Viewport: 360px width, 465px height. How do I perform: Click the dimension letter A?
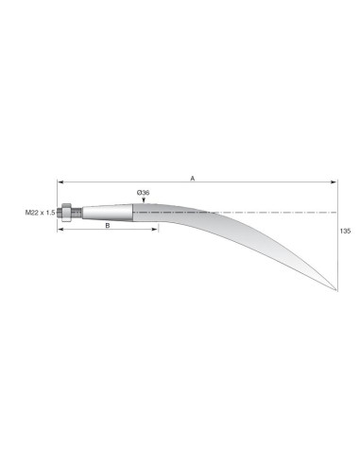point(193,179)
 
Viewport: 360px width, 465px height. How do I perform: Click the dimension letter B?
point(108,226)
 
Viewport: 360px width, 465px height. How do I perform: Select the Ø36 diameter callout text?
point(143,193)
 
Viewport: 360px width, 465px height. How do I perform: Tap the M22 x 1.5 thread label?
point(41,213)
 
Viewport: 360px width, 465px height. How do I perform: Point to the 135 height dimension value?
point(345,232)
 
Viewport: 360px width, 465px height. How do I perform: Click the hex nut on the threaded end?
point(66,213)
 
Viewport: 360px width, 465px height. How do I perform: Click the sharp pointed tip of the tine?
point(336,289)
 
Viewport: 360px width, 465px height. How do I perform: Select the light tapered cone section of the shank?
point(108,213)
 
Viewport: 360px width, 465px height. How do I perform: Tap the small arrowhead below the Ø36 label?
point(144,200)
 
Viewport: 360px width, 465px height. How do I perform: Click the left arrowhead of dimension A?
point(60,182)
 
